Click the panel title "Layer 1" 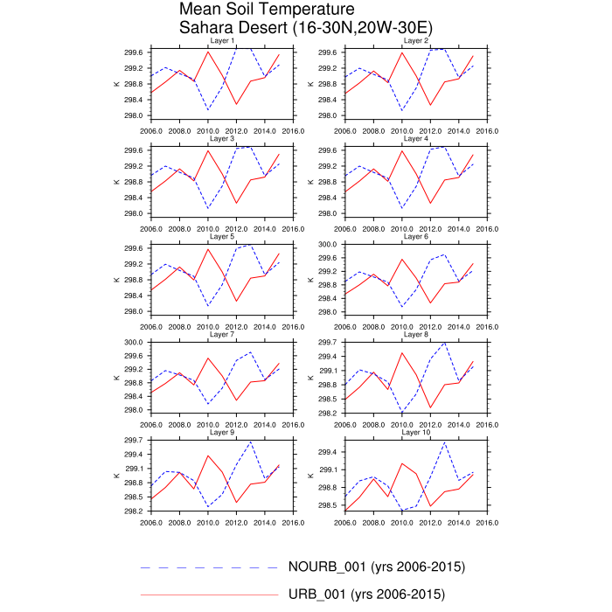pos(220,41)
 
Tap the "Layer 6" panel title pos(415,236)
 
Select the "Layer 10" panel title pos(415,432)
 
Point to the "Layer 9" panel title pos(220,432)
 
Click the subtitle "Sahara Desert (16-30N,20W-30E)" pos(305,27)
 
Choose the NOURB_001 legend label pos(376,567)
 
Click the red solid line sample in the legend pos(208,595)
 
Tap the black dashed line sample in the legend pos(208,567)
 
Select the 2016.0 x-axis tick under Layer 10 pos(486,525)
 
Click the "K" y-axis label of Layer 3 pos(116,182)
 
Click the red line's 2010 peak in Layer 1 pos(208,52)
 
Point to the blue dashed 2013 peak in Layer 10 pos(445,442)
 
